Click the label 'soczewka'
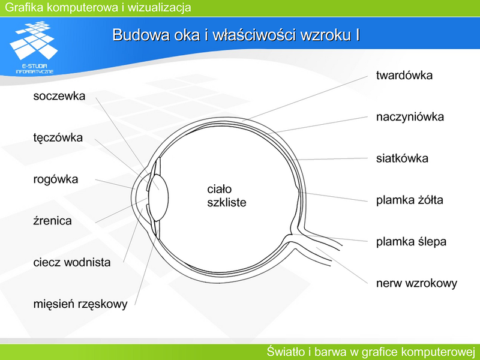[59, 96]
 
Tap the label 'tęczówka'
[58, 138]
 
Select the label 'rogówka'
[55, 179]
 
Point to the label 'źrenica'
[52, 221]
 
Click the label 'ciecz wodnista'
[72, 262]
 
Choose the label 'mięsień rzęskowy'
[80, 304]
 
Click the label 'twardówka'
[404, 76]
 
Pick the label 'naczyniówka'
[410, 117]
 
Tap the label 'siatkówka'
[402, 158]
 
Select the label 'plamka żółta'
[409, 200]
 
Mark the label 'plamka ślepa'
[411, 242]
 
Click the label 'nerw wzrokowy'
[416, 283]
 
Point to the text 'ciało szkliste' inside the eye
[227, 196]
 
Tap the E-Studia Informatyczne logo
[34, 47]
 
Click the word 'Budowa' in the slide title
[141, 35]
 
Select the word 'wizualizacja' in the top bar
[159, 7]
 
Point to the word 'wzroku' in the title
[326, 35]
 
